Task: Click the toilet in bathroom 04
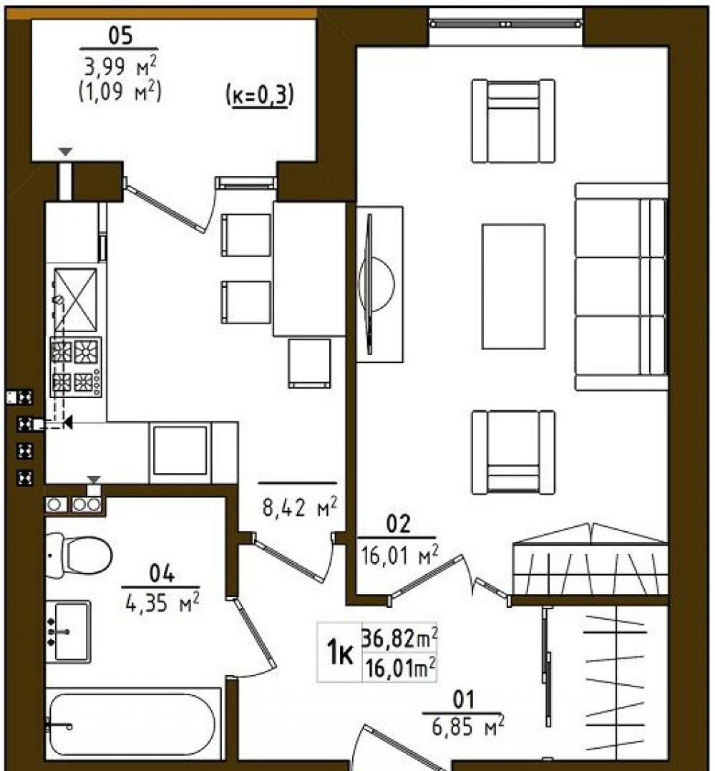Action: click(79, 555)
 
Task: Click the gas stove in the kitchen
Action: click(76, 367)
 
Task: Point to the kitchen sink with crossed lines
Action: click(75, 299)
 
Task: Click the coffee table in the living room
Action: click(513, 286)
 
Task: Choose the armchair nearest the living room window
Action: click(513, 121)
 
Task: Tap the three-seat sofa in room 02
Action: click(621, 287)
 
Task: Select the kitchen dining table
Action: click(309, 269)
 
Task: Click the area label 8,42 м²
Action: click(299, 507)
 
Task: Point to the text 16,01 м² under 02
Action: click(399, 555)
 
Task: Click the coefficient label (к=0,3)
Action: click(260, 95)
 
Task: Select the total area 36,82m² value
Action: click(399, 639)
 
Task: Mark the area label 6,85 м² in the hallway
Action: click(467, 726)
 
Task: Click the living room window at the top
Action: click(505, 24)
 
